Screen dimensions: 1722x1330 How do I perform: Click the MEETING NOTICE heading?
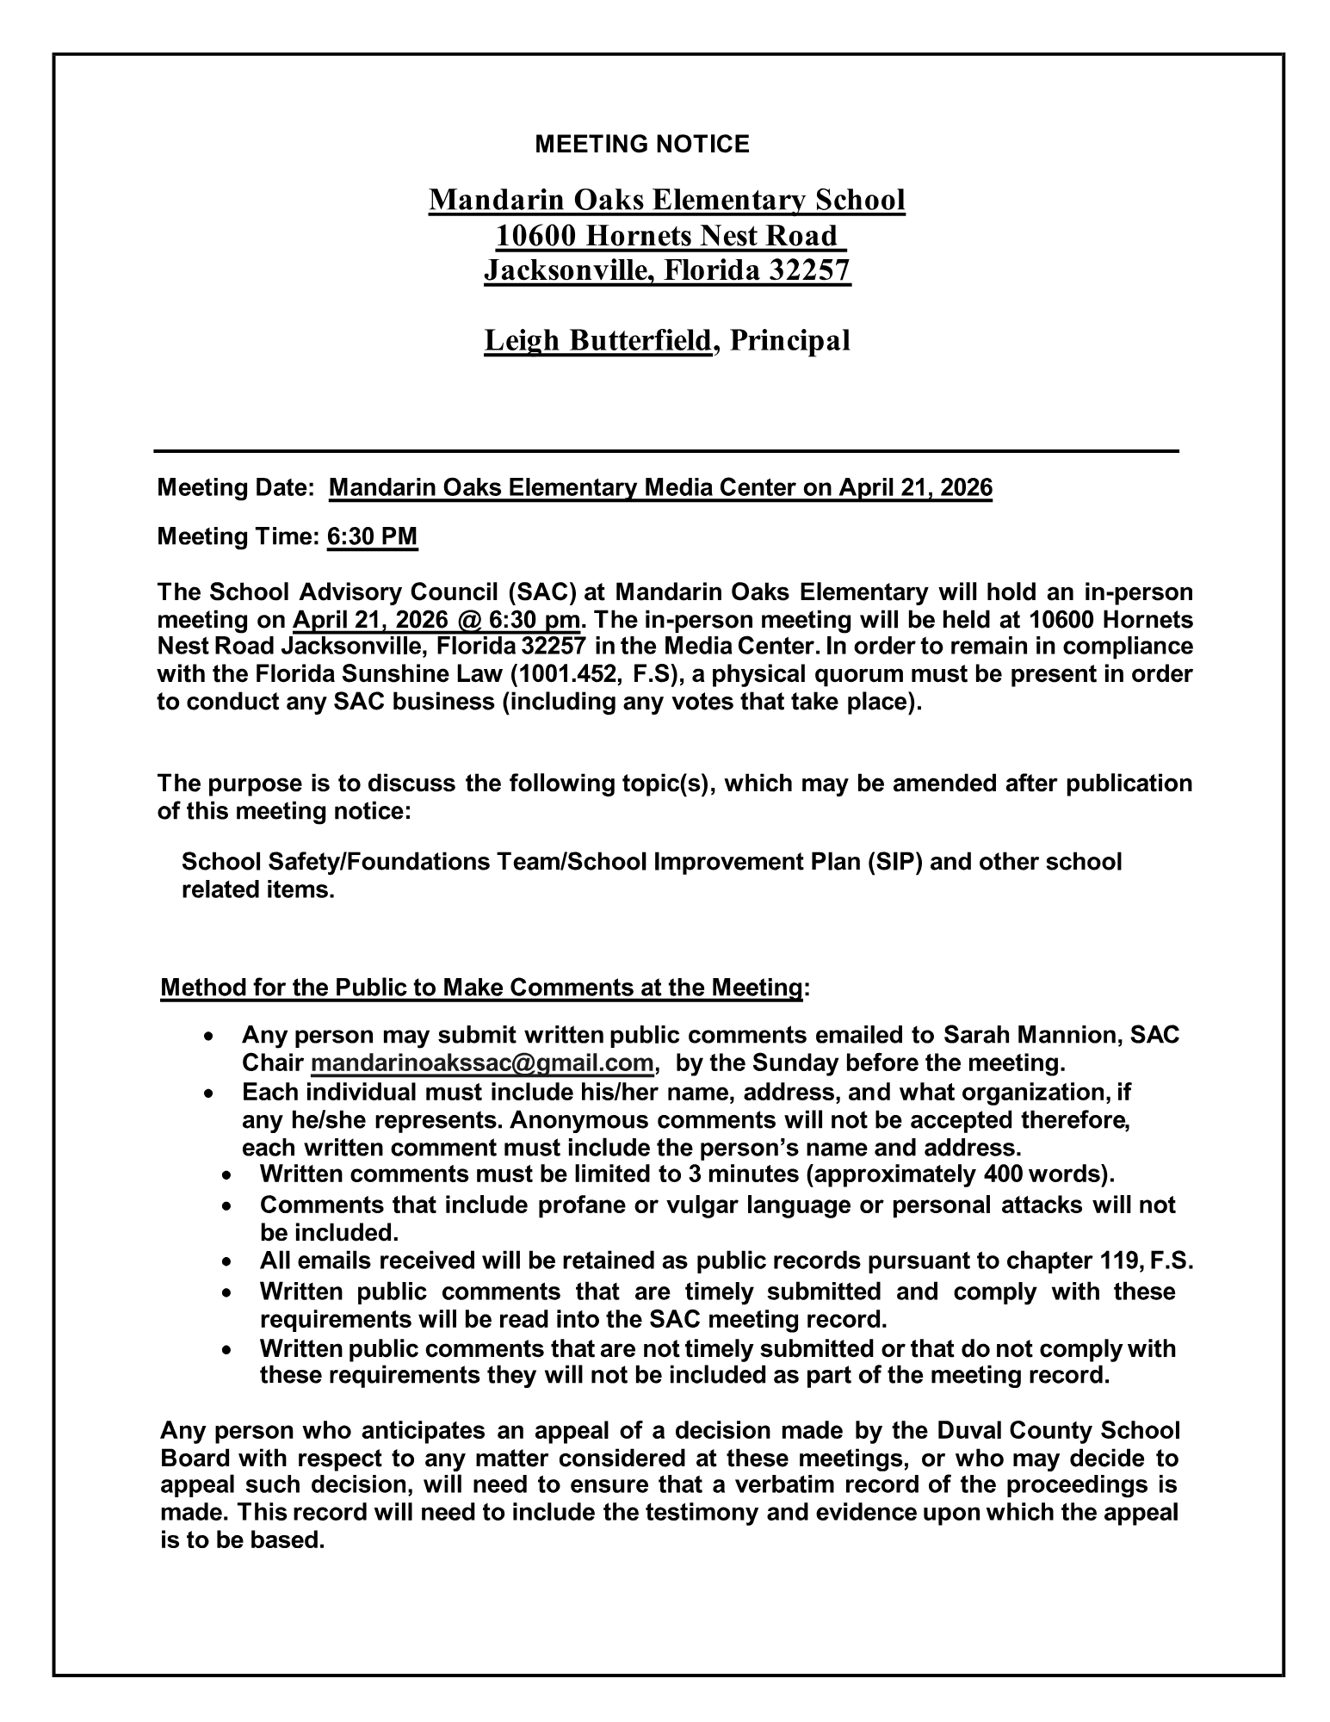click(641, 145)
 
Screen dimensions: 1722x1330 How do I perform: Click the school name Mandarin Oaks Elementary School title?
click(666, 201)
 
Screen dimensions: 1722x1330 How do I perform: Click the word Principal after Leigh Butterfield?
click(789, 341)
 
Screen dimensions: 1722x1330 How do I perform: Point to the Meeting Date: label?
click(235, 489)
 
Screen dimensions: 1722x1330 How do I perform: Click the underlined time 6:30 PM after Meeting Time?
click(372, 537)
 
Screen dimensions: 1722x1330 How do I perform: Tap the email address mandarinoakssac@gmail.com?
click(482, 1063)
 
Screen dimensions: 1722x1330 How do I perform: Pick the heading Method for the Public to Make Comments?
click(481, 988)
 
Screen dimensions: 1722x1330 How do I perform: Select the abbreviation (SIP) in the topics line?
click(895, 862)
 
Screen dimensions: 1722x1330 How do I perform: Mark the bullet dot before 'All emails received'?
click(226, 1262)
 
